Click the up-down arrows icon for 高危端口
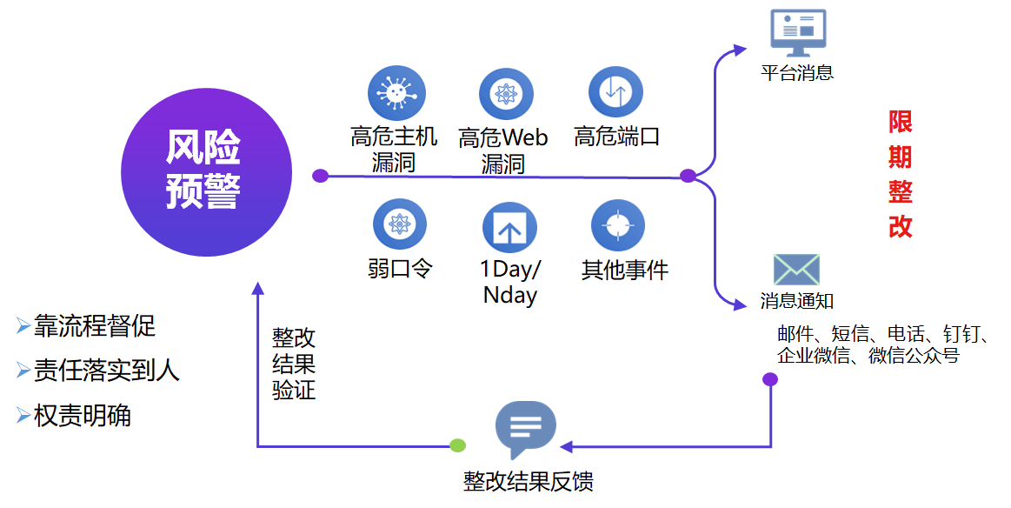615,92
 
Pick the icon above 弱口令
399,224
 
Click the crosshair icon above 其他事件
617,225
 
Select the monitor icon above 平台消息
798,33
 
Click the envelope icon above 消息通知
796,270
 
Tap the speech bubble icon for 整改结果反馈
525,429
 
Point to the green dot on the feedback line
458,446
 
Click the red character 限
901,122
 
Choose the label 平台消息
797,73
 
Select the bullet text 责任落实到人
106,371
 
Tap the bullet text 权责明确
82,416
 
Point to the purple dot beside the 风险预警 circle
320,176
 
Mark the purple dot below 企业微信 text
770,379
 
